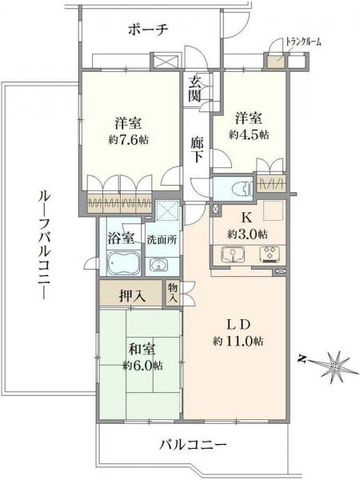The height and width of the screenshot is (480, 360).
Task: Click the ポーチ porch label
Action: click(146, 30)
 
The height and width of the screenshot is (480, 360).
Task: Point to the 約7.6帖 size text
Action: click(130, 139)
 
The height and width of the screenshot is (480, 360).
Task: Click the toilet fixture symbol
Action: click(238, 188)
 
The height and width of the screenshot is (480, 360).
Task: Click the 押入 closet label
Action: click(133, 295)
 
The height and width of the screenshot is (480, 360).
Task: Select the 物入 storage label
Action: click(173, 293)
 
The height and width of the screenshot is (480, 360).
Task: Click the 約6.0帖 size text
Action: click(142, 366)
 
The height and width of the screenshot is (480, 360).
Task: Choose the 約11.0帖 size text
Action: click(238, 341)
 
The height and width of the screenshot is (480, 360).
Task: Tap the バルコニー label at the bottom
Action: click(193, 445)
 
